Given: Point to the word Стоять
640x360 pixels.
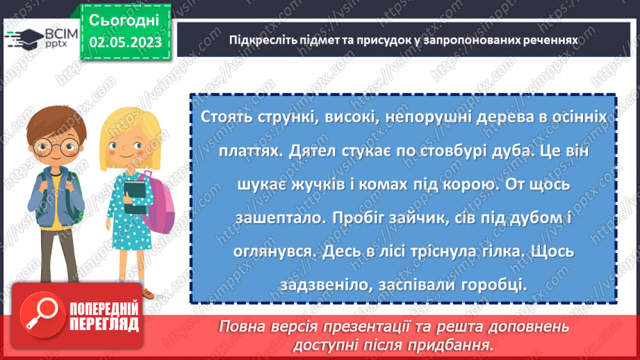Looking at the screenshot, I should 226,117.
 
